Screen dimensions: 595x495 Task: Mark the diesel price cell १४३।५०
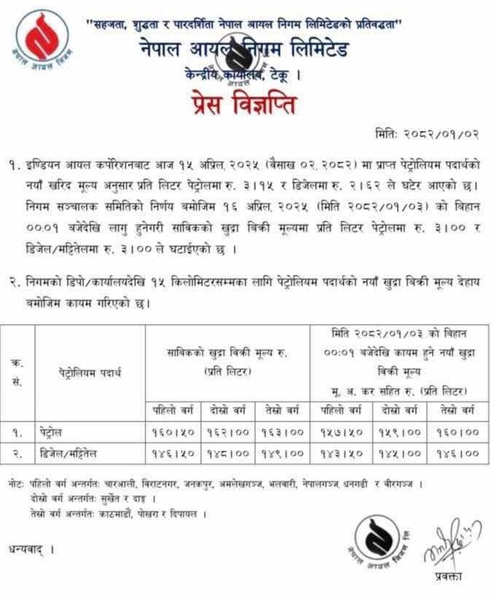pyautogui.click(x=342, y=454)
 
